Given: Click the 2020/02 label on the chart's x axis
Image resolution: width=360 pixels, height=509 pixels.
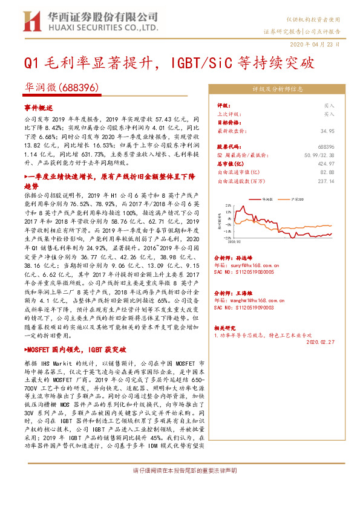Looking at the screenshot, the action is point(236,244).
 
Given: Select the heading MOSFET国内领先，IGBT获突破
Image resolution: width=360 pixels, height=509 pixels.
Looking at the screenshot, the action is point(75,349).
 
